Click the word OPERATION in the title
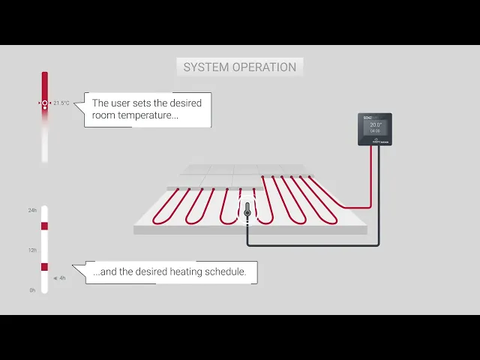263,67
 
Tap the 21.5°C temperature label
61,103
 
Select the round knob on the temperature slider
45,103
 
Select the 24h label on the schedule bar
32,210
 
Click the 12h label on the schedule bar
32,250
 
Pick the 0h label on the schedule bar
32,289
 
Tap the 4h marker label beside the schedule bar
61,277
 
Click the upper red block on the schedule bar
44,226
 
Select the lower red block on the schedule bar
44,266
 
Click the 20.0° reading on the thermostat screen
376,125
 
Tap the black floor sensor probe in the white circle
247,214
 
